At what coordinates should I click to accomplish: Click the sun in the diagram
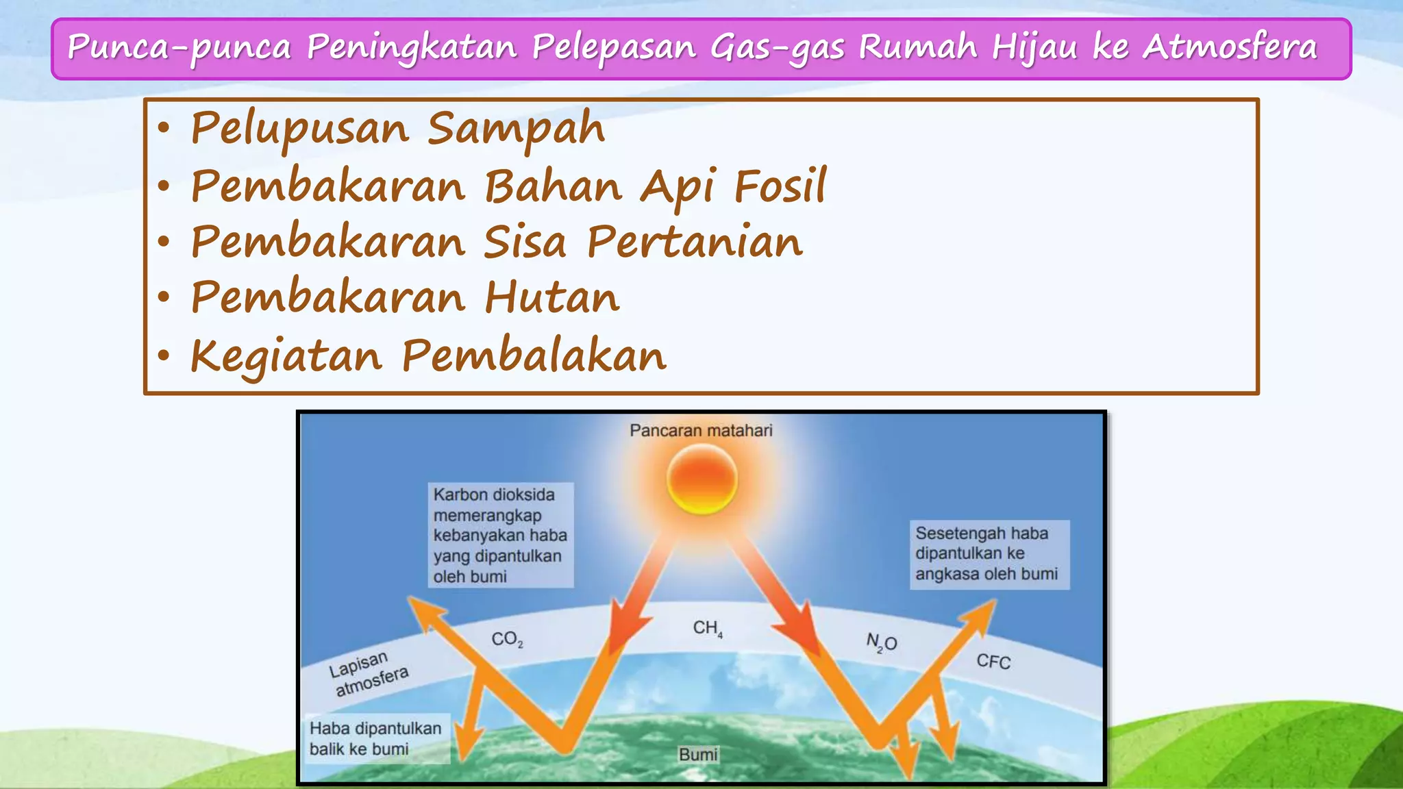click(x=701, y=479)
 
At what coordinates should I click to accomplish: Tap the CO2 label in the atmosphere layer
click(x=507, y=640)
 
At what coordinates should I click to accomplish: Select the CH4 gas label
click(x=707, y=628)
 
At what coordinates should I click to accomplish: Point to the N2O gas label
click(x=882, y=642)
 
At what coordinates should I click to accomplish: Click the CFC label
click(x=993, y=662)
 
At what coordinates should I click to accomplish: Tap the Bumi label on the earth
click(x=698, y=754)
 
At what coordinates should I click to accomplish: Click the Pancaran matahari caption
click(x=701, y=431)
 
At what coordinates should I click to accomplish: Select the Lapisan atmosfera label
click(x=368, y=673)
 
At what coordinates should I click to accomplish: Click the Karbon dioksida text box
click(x=500, y=535)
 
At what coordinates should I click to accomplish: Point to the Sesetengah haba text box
click(x=989, y=553)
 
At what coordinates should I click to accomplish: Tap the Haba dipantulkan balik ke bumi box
click(x=376, y=738)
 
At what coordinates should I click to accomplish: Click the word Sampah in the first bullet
click(x=516, y=128)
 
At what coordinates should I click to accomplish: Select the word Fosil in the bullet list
click(x=780, y=186)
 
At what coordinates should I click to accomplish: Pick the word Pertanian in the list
click(x=695, y=242)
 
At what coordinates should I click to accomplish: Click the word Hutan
click(x=552, y=298)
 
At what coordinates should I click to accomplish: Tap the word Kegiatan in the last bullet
click(x=286, y=356)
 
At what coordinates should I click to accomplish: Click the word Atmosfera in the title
click(x=1230, y=47)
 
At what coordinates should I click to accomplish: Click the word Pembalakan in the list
click(x=534, y=355)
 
